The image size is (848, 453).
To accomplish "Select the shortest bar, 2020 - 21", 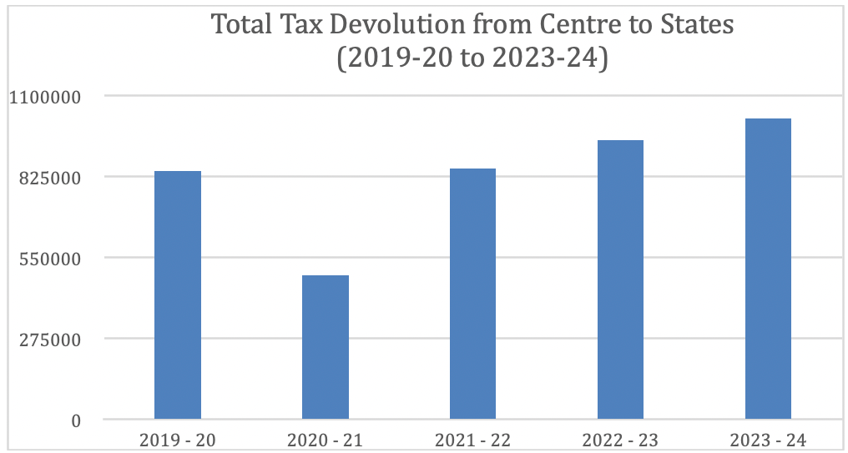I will (x=326, y=347).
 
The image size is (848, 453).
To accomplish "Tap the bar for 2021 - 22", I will (x=472, y=294).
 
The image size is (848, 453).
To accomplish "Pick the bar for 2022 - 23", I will (x=620, y=279).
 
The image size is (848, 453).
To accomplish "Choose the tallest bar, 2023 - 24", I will (x=768, y=269).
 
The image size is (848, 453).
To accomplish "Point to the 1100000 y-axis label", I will (x=45, y=98).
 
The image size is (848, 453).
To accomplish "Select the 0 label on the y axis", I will (x=76, y=420).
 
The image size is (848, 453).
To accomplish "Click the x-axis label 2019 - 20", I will (x=178, y=440).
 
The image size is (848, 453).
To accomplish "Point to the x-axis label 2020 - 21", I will (x=326, y=440).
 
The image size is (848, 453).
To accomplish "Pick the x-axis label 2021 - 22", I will (x=472, y=440).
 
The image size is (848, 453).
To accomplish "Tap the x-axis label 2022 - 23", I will (x=620, y=440).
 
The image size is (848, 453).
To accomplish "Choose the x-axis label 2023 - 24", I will (x=768, y=440).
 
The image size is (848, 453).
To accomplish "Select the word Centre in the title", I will (x=574, y=25).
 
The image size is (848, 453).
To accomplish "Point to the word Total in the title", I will (x=241, y=25).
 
